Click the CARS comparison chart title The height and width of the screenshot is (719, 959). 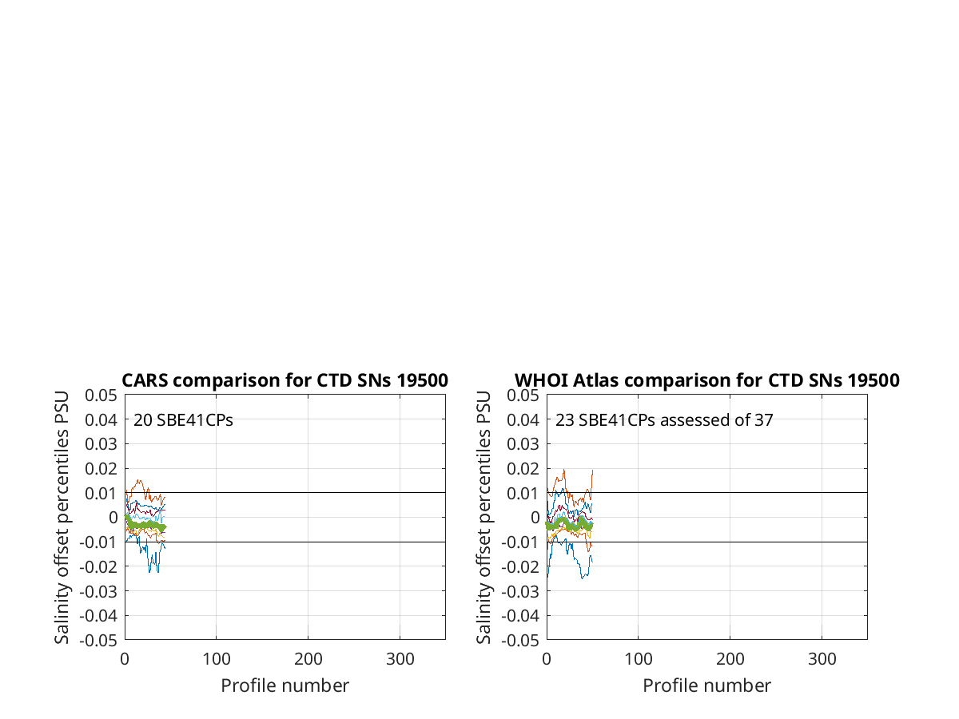tap(285, 380)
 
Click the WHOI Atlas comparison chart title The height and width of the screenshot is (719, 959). tap(707, 380)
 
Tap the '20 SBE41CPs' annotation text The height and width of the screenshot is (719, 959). tap(183, 420)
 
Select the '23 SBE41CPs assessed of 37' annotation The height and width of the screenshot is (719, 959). tap(664, 420)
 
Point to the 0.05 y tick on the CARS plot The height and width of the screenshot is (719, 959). tap(101, 395)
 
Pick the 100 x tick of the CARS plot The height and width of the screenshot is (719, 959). tap(217, 659)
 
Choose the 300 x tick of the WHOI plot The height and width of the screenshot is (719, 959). tap(822, 659)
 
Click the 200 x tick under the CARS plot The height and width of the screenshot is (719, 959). tap(308, 659)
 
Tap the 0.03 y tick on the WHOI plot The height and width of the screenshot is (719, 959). tap(523, 444)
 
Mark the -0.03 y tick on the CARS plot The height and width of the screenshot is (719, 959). tap(98, 591)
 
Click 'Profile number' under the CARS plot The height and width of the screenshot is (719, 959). tap(285, 685)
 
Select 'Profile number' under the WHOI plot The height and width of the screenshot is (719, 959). tap(707, 685)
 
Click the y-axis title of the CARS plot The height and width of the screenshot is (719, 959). tap(62, 518)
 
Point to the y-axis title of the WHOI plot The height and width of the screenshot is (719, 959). tap(483, 518)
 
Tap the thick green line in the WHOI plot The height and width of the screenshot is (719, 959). tap(569, 524)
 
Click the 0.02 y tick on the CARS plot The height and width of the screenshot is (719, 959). tap(101, 469)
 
